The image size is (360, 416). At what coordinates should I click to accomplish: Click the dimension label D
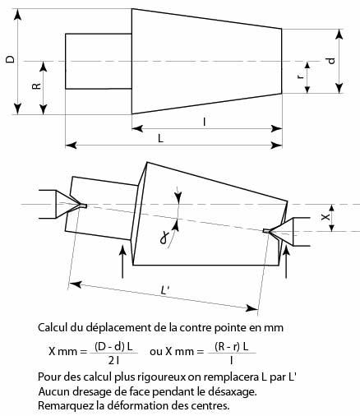(x=11, y=59)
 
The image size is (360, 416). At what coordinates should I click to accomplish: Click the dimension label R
(x=36, y=86)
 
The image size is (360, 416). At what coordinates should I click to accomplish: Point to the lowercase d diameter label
(x=331, y=61)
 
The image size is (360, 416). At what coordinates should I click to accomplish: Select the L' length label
(x=166, y=290)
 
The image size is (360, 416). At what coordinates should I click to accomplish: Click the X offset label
(x=325, y=217)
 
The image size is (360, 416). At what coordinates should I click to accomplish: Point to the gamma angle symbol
(x=164, y=238)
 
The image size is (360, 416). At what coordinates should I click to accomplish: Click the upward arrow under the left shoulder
(x=122, y=261)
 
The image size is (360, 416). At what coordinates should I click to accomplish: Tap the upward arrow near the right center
(x=286, y=261)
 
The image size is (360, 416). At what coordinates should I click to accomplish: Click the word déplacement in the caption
(x=119, y=327)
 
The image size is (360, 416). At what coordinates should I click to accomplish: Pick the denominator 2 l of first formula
(x=114, y=361)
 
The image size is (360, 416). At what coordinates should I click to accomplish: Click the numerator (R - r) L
(x=232, y=347)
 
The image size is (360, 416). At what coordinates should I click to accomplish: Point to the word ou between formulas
(x=156, y=351)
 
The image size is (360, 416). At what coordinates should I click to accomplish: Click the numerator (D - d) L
(x=113, y=347)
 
